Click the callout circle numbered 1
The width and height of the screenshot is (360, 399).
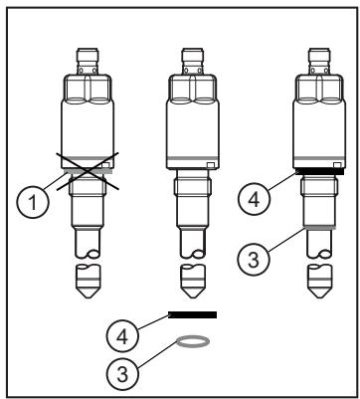33,202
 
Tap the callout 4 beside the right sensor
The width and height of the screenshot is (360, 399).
255,199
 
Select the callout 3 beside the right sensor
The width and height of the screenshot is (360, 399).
254,260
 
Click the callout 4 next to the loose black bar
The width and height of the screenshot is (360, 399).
122,336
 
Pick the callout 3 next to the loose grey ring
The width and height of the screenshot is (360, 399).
122,374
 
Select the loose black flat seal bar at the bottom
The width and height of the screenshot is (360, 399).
193,314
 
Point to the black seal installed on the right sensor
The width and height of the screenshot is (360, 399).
320,171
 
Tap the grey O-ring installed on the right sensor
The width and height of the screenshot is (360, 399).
320,228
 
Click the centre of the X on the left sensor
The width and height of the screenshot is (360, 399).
88,171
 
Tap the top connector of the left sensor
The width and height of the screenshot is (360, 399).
88,61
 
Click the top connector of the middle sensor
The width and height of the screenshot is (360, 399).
193,61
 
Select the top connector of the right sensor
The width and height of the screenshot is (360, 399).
319,61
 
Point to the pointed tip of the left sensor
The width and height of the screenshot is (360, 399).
88,298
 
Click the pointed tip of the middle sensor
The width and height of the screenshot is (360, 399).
193,298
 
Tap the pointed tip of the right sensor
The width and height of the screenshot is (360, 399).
319,298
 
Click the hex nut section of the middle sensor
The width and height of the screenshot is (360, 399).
193,89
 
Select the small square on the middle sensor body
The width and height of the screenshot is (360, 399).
210,165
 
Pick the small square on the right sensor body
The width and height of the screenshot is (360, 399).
337,165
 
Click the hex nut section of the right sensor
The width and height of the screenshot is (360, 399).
319,89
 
